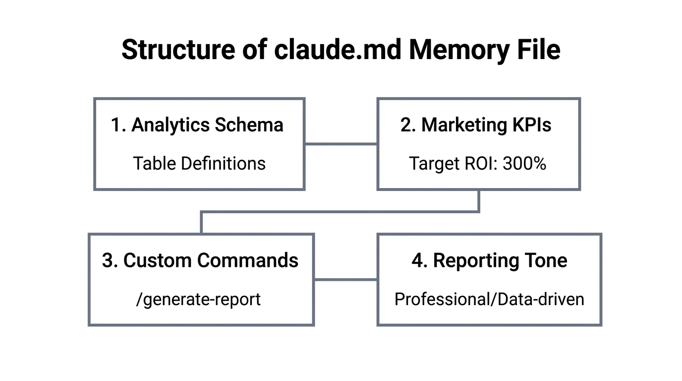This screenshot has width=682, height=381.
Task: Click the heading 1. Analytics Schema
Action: pyautogui.click(x=197, y=125)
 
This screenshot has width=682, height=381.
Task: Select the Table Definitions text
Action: pyautogui.click(x=199, y=163)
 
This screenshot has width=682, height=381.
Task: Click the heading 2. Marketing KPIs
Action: pyautogui.click(x=476, y=125)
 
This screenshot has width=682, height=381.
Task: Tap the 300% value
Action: pyautogui.click(x=524, y=163)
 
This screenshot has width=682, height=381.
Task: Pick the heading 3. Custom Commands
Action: pyautogui.click(x=200, y=260)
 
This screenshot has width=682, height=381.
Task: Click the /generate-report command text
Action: pyautogui.click(x=198, y=299)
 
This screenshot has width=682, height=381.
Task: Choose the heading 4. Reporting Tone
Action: pyautogui.click(x=489, y=260)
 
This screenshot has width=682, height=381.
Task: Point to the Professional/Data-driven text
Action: pyautogui.click(x=489, y=299)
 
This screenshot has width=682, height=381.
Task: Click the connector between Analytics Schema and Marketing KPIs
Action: pyautogui.click(x=341, y=144)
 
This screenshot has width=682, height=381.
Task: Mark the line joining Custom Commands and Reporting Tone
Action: pyautogui.click(x=345, y=279)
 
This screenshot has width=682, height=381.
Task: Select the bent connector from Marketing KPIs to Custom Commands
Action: pyautogui.click(x=340, y=212)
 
